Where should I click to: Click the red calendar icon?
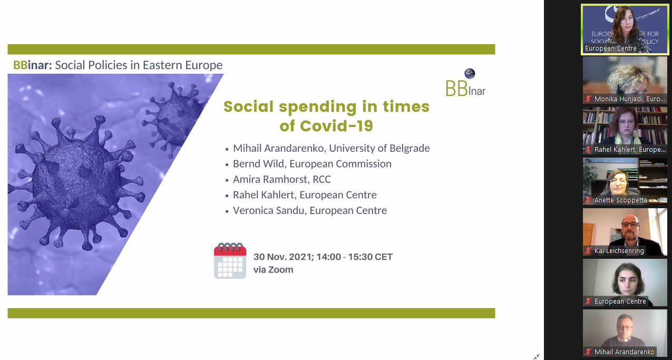230,260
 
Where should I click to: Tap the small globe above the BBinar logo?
470,73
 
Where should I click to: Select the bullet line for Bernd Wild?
308,164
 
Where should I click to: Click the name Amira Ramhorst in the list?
271,179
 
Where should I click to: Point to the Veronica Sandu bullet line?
306,211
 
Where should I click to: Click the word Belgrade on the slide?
410,148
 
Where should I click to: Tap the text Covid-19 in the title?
336,125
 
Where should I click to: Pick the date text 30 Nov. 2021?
283,257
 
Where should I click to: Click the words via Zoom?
274,270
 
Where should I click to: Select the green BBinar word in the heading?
32,65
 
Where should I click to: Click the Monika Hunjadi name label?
630,99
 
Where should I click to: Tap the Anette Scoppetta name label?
620,200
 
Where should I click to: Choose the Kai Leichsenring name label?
619,250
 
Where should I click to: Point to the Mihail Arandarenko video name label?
624,352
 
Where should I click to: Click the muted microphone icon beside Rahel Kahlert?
588,149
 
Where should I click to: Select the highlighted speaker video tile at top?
625,30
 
